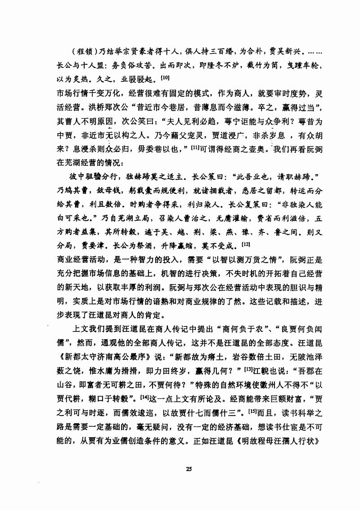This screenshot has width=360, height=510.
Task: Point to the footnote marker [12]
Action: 245,244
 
